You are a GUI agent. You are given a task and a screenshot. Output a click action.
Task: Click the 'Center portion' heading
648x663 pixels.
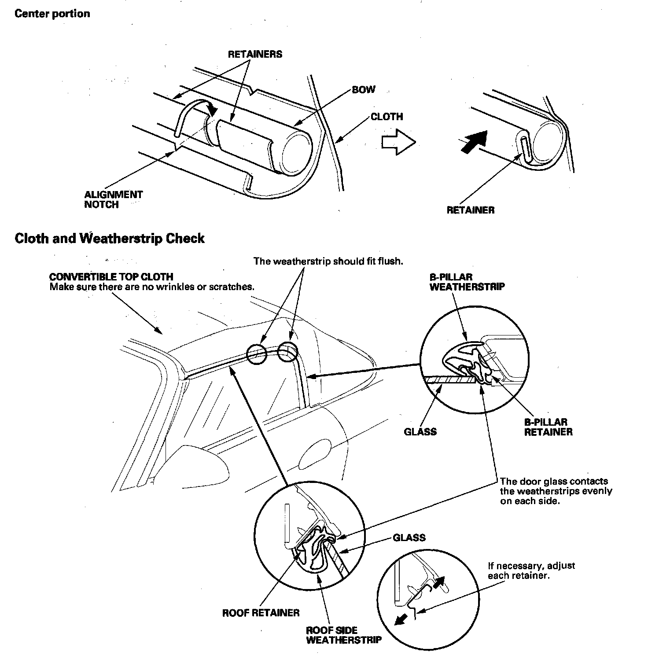click(x=52, y=14)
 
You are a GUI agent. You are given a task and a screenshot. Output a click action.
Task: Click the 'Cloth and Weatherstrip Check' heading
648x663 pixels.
click(x=110, y=239)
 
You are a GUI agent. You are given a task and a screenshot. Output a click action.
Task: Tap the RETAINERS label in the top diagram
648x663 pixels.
click(x=255, y=54)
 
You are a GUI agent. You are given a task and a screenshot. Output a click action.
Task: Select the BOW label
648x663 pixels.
click(x=364, y=89)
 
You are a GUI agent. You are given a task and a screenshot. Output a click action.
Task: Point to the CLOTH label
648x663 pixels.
click(x=387, y=117)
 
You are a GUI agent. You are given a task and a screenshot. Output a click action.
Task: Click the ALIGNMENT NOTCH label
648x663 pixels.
click(x=114, y=199)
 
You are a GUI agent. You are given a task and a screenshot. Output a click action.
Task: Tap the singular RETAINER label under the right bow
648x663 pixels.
click(x=470, y=210)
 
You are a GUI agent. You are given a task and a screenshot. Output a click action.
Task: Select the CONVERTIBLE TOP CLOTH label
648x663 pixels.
click(x=111, y=277)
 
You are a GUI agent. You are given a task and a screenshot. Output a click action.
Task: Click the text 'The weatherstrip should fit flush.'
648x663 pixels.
click(x=328, y=261)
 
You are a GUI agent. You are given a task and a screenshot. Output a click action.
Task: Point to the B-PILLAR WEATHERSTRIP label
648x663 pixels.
click(x=467, y=282)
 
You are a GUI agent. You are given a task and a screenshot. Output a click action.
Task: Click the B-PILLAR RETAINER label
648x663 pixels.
click(x=548, y=427)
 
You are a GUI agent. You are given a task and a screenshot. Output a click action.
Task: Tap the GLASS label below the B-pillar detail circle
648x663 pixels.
click(x=420, y=431)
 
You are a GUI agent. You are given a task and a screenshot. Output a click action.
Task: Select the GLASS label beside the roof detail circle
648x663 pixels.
click(x=409, y=538)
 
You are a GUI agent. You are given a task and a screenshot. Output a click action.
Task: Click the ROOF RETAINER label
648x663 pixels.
click(x=261, y=612)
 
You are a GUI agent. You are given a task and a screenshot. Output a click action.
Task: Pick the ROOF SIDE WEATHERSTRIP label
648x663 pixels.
click(x=343, y=635)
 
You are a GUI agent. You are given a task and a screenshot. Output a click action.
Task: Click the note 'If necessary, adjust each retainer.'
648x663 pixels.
click(x=531, y=571)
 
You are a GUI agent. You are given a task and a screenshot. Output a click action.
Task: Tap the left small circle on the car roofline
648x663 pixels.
click(x=256, y=354)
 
